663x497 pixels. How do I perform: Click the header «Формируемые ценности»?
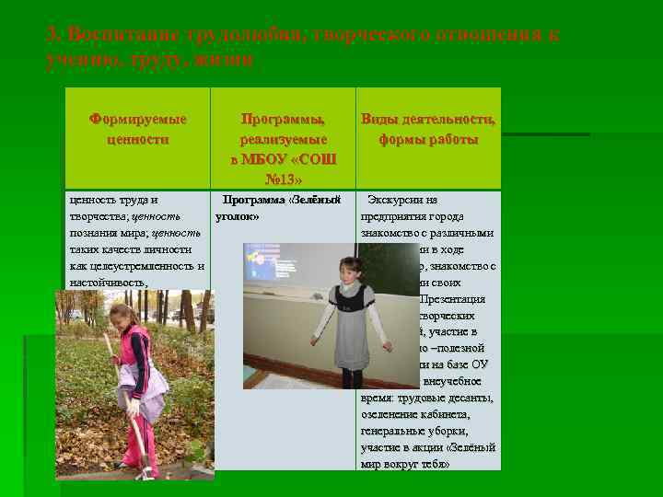coord(137,130)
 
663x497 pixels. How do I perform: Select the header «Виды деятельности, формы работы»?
coord(428,130)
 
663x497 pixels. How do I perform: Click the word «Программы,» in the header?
coord(283,120)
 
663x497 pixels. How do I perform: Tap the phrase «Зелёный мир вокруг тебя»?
coord(433,456)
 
